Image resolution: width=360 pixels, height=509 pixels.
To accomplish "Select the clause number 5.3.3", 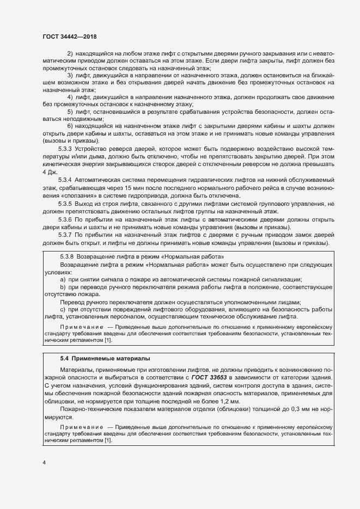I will (x=65, y=149).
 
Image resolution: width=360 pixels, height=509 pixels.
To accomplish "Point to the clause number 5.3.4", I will (x=65, y=179).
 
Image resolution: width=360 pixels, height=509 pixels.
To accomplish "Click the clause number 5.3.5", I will (x=65, y=203).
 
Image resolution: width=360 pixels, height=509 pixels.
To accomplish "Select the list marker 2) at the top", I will (x=70, y=53).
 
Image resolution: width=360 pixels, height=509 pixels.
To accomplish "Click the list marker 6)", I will (x=70, y=126).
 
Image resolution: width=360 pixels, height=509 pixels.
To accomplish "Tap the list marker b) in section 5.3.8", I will (x=63, y=286).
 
